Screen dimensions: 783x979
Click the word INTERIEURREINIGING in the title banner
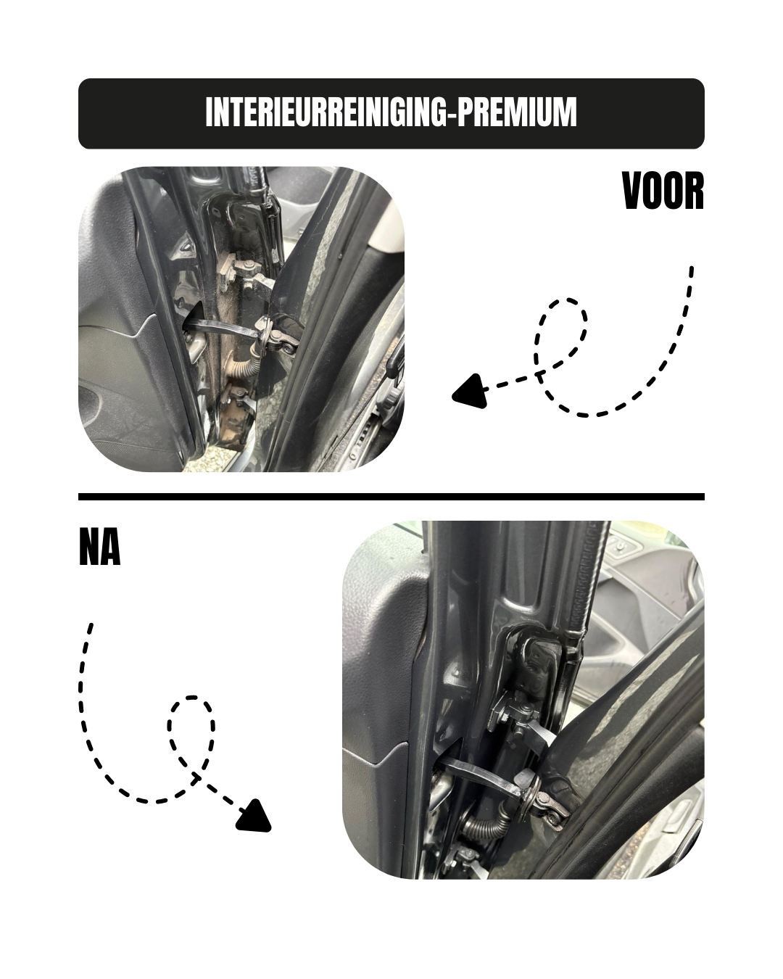pyautogui.click(x=326, y=112)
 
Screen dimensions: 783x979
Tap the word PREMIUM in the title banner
pyautogui.click(x=517, y=112)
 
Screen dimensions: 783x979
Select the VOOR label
pyautogui.click(x=663, y=191)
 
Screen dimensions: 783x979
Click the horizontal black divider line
pyautogui.click(x=391, y=496)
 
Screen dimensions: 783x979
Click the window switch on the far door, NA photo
pyautogui.click(x=621, y=546)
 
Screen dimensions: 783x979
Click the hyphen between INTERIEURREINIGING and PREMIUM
pyautogui.click(x=452, y=114)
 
